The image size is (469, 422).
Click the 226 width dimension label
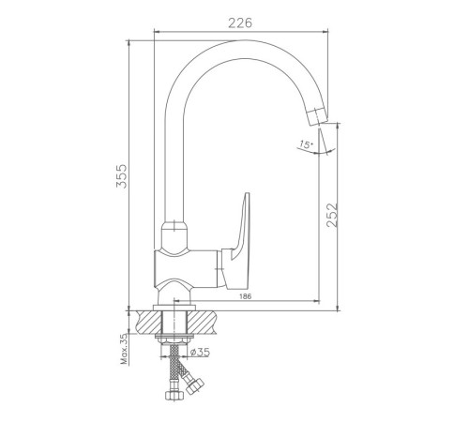click(x=240, y=23)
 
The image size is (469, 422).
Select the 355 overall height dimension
click(x=122, y=176)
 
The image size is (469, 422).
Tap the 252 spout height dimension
click(x=332, y=215)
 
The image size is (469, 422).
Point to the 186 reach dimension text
click(x=245, y=296)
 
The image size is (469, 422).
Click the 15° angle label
click(x=306, y=144)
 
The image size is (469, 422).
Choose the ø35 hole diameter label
click(x=200, y=353)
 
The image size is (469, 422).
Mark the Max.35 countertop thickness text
click(x=124, y=349)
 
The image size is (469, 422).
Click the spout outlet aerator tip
click(x=317, y=116)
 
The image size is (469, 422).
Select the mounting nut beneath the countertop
click(x=174, y=339)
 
